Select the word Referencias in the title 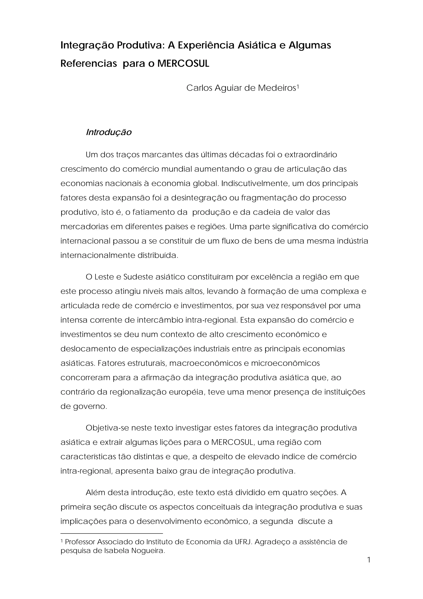tap(89, 64)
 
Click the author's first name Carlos tap(199, 88)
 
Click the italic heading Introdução tap(109, 132)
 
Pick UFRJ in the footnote tap(244, 542)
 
